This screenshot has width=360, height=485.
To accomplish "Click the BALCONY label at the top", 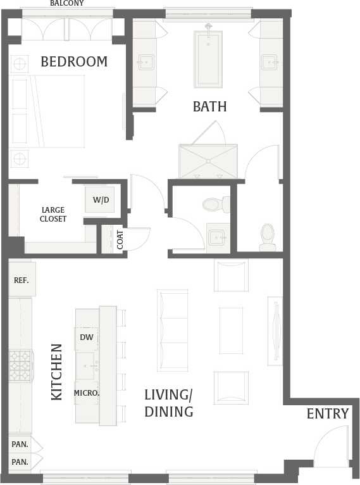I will point(66,3).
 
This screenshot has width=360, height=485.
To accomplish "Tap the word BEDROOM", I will point(74,62).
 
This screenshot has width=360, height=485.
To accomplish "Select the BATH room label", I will point(209,106).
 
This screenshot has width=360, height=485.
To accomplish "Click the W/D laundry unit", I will point(101,199).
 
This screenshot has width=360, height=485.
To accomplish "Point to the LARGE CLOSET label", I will point(53,215).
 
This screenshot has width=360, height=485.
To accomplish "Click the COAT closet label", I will point(120,239).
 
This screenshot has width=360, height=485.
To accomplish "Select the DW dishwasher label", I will point(87,337).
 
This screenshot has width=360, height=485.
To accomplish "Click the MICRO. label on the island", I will point(87,393).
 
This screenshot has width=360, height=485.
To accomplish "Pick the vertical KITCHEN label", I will point(57,372).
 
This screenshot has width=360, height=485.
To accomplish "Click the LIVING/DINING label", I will point(168,403).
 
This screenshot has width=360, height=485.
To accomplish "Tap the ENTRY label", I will point(328,414).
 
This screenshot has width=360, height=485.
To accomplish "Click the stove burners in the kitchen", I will point(20,365).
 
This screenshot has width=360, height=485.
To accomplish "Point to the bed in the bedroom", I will point(48,111).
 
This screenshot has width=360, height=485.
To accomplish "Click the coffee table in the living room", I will point(231,330).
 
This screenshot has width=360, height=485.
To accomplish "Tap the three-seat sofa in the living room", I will point(173,330).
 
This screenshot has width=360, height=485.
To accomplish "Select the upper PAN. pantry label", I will point(20,444).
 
